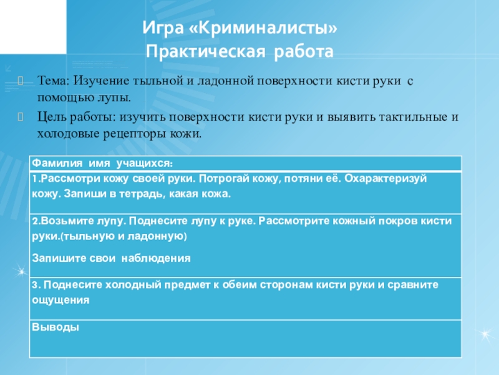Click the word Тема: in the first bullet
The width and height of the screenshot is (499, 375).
(x=55, y=81)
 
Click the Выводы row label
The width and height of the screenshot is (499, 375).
(x=55, y=327)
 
